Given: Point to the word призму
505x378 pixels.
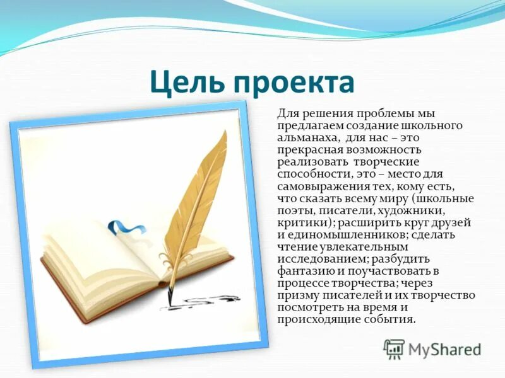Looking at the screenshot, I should pos(297,295).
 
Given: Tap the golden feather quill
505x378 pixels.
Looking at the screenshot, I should pos(196,189).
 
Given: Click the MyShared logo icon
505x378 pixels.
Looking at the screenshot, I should pos(395,348).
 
